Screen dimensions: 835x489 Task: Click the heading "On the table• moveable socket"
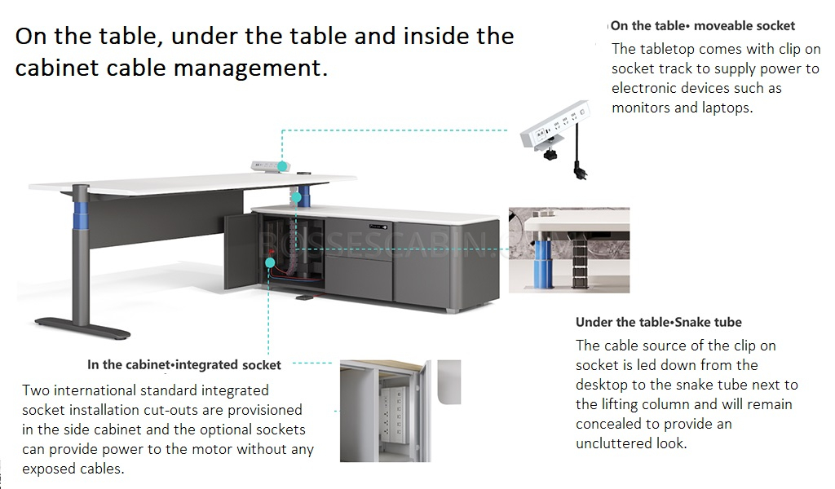pyautogui.click(x=702, y=25)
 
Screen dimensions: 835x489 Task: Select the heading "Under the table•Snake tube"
pyautogui.click(x=658, y=322)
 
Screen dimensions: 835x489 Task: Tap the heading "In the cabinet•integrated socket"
pyautogui.click(x=183, y=365)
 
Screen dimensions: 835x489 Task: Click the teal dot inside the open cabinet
pyautogui.click(x=270, y=262)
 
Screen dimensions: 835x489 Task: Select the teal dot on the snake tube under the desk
pyautogui.click(x=297, y=198)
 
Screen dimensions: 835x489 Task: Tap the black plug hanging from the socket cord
pyautogui.click(x=579, y=171)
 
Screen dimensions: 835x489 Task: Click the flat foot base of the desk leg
pyautogui.click(x=82, y=328)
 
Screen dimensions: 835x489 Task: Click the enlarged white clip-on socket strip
pyautogui.click(x=554, y=126)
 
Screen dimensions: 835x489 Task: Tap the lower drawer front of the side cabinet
pyautogui.click(x=359, y=275)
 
